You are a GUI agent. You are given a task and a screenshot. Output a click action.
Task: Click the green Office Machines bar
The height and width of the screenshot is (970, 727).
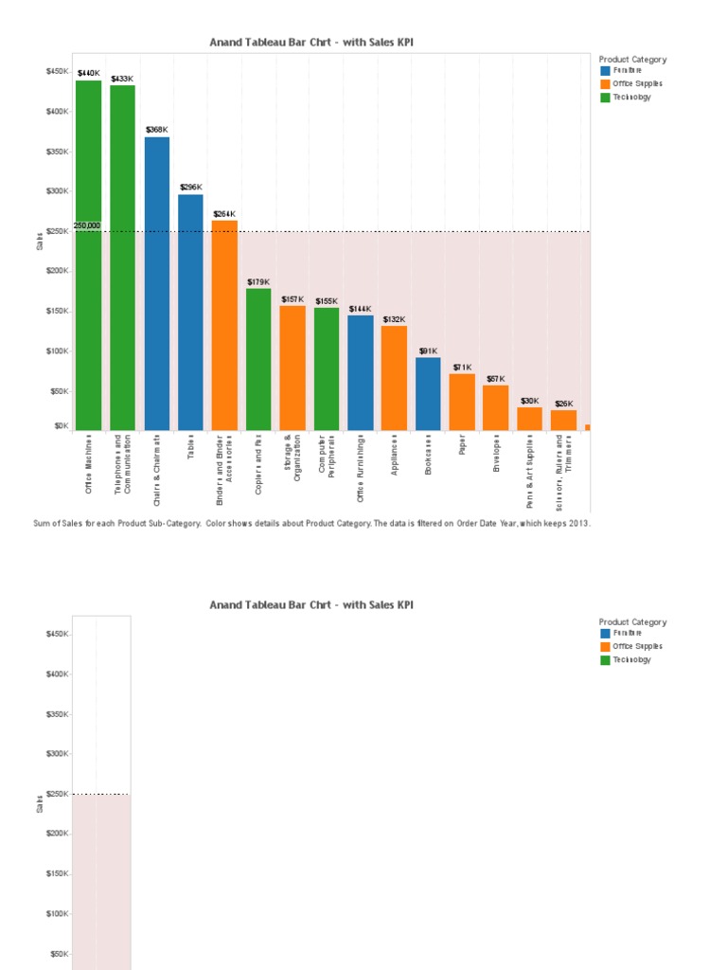pos(89,255)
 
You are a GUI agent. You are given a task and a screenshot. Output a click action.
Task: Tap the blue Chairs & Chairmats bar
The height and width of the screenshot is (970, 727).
pos(157,284)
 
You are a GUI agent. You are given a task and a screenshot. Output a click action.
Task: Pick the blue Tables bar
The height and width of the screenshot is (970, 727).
pos(190,313)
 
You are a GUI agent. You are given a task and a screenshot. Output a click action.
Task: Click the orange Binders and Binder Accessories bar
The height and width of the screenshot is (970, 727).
pos(224,326)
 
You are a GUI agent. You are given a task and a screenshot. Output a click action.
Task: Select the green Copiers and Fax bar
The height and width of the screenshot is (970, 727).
pos(258,359)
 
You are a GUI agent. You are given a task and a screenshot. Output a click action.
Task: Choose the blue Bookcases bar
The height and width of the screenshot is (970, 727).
pos(428,394)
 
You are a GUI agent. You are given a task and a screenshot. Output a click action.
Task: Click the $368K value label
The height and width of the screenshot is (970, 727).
pos(156,130)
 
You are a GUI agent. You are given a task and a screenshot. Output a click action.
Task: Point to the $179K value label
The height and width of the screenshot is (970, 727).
pos(258,281)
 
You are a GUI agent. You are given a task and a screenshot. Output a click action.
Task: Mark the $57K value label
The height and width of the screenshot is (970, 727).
pos(496,379)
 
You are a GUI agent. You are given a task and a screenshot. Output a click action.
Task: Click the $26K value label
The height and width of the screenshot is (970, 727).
pos(563,404)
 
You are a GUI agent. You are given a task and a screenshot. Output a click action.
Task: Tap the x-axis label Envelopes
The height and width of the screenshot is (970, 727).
pos(496,455)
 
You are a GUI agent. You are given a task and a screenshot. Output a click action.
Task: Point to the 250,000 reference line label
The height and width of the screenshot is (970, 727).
pos(86,225)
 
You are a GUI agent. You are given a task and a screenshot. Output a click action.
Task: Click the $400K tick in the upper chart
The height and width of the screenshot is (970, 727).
pos(56,112)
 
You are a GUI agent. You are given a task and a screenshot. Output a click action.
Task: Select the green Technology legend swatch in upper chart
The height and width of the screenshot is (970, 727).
pos(605,97)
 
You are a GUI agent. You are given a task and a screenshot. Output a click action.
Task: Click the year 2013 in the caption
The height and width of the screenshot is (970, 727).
pos(580,522)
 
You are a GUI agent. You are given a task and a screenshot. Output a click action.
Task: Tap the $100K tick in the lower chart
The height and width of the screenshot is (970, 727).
pos(56,914)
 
